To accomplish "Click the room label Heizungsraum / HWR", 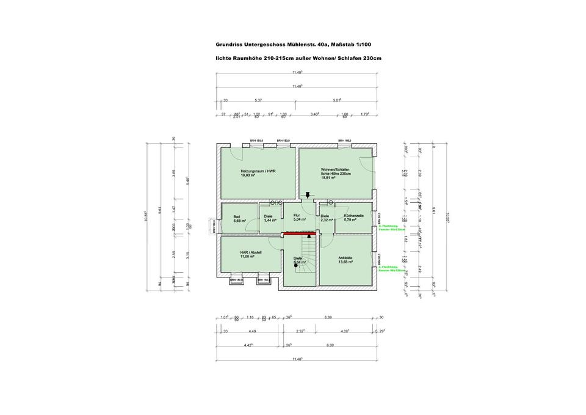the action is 258,171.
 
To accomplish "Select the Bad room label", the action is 236,216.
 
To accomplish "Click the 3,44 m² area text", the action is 270,220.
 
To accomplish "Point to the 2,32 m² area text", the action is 327,220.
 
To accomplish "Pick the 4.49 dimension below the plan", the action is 252,331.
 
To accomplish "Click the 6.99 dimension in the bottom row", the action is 347,345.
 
